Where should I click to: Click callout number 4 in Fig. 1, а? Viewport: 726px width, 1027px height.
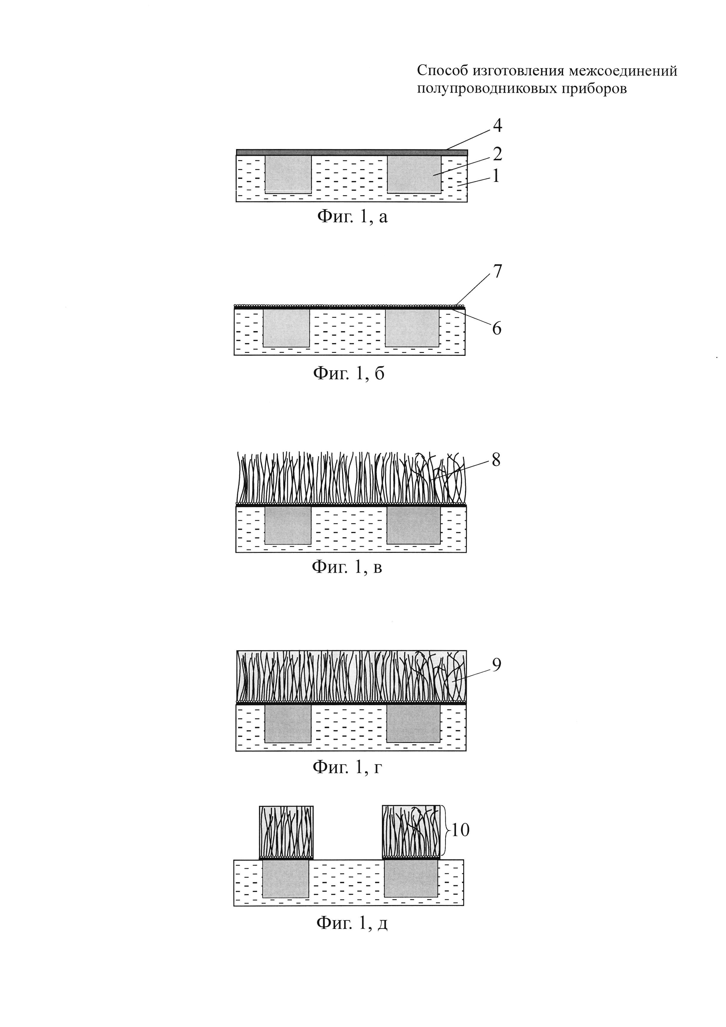point(497,126)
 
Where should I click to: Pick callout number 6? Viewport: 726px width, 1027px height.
point(497,329)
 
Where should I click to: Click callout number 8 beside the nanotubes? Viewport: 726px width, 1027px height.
point(496,460)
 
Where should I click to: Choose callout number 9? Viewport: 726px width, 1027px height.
point(496,665)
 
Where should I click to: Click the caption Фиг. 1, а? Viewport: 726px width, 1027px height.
point(352,217)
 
